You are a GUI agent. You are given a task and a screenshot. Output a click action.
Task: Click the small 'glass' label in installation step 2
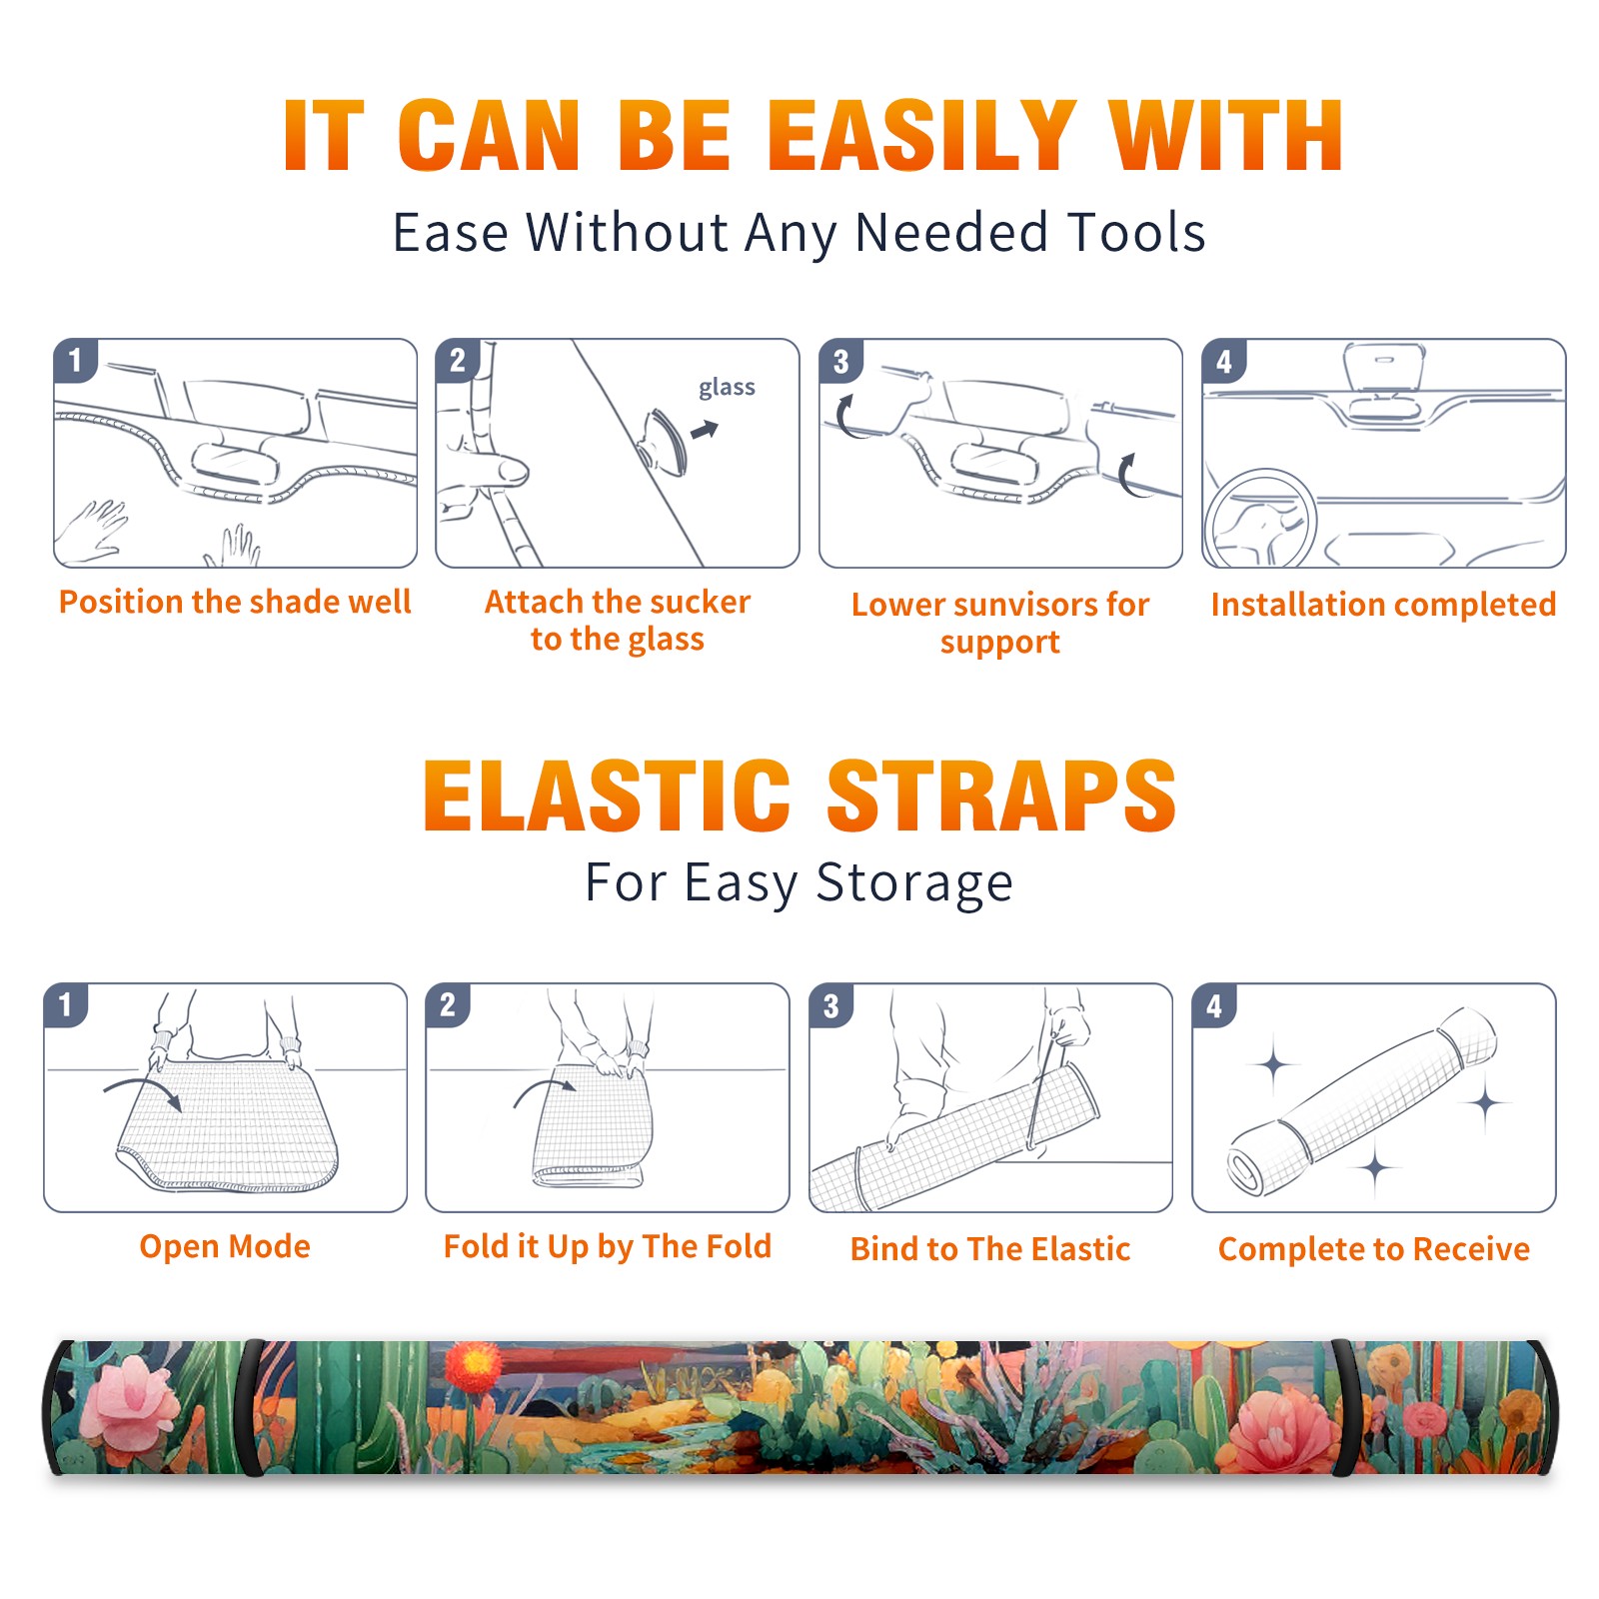click(727, 388)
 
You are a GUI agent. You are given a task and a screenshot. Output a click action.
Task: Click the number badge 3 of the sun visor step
click(840, 361)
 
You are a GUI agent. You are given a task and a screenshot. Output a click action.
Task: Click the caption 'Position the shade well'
click(235, 602)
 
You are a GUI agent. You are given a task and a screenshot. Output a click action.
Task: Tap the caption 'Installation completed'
click(1383, 604)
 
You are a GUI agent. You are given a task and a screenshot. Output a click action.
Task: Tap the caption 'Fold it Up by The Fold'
click(608, 1246)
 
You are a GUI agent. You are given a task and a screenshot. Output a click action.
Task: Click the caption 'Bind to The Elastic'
click(990, 1248)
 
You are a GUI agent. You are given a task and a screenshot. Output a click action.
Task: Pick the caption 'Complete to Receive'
click(1374, 1248)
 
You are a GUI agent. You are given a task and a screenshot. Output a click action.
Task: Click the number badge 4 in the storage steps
click(1213, 1005)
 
